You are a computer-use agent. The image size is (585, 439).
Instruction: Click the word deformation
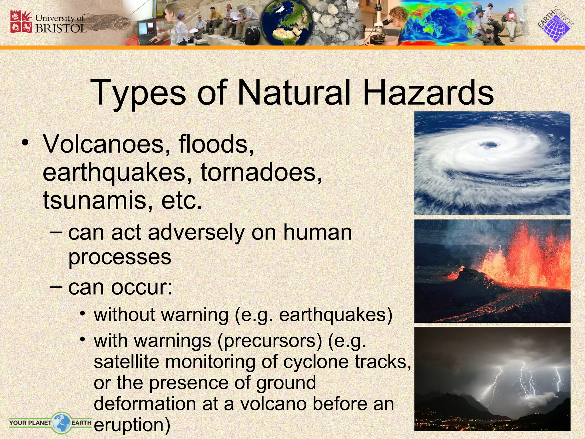pos(145,404)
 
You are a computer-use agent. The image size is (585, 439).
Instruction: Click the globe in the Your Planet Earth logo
pos(61,422)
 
